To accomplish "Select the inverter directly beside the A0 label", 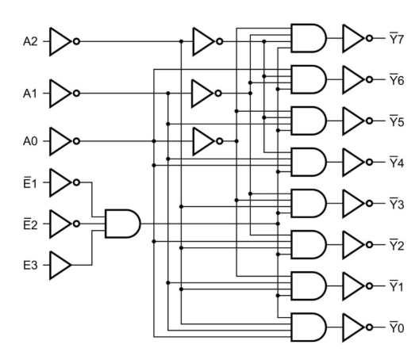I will click(x=62, y=141).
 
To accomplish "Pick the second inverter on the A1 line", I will click(x=204, y=92).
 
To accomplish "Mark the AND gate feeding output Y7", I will click(x=308, y=36).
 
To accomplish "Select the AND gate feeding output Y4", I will click(x=308, y=161).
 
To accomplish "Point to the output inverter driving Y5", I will click(x=353, y=120).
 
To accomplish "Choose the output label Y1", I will click(x=396, y=284).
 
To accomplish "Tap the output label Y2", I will click(x=396, y=243).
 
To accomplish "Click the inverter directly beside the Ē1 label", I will click(x=62, y=182).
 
